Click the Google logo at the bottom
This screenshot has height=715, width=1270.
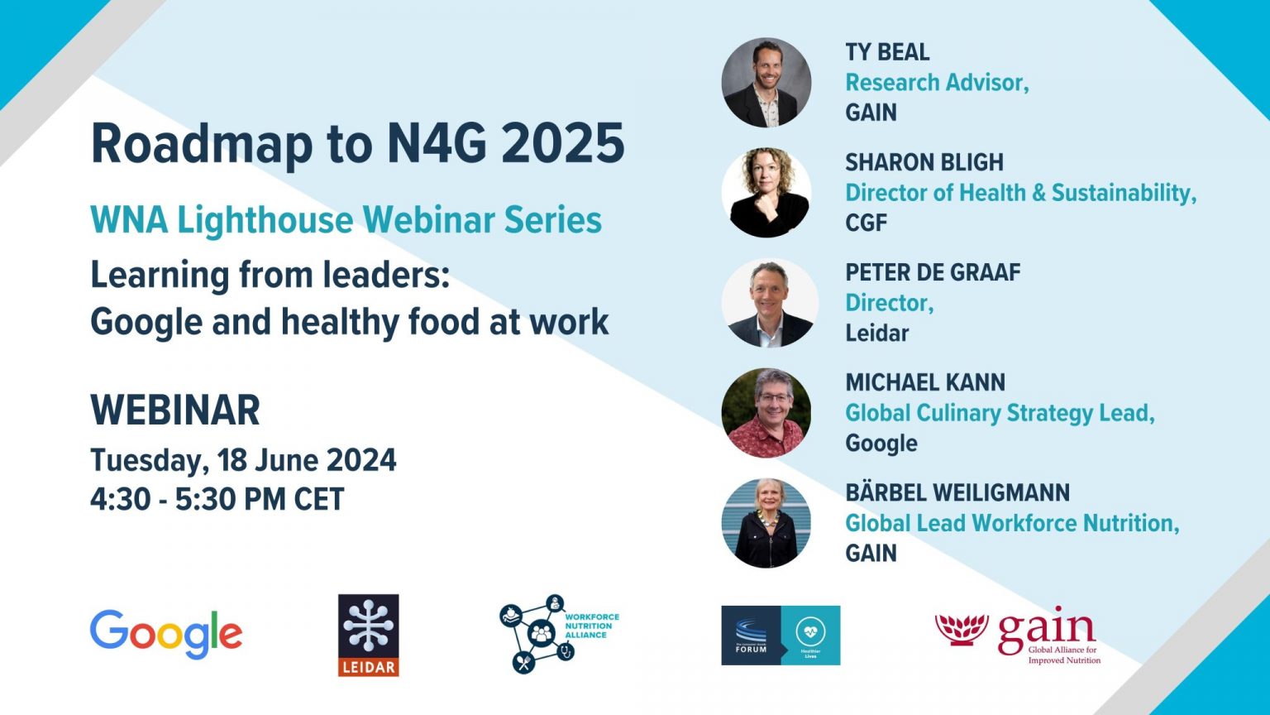166,634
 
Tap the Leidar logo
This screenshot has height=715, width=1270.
368,635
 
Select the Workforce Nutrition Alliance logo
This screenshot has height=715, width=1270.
559,634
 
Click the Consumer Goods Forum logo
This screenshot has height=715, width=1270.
781,635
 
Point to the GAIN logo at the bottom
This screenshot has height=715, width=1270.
1018,636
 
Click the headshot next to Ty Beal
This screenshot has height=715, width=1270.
766,83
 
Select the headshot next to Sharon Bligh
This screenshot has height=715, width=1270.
766,193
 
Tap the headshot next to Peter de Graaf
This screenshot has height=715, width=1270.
769,303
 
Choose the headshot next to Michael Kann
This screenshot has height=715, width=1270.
766,413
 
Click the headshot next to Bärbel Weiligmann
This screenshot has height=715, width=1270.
766,523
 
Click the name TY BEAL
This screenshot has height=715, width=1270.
887,52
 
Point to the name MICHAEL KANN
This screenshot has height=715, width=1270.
925,382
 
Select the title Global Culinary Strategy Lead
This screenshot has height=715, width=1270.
1000,413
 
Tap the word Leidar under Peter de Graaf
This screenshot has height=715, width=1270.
876,333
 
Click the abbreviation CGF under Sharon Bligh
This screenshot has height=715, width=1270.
866,223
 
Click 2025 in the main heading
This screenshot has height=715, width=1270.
562,144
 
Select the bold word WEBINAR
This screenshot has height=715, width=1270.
175,410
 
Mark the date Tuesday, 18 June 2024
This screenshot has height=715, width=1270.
243,460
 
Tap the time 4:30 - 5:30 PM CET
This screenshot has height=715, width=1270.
217,499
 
